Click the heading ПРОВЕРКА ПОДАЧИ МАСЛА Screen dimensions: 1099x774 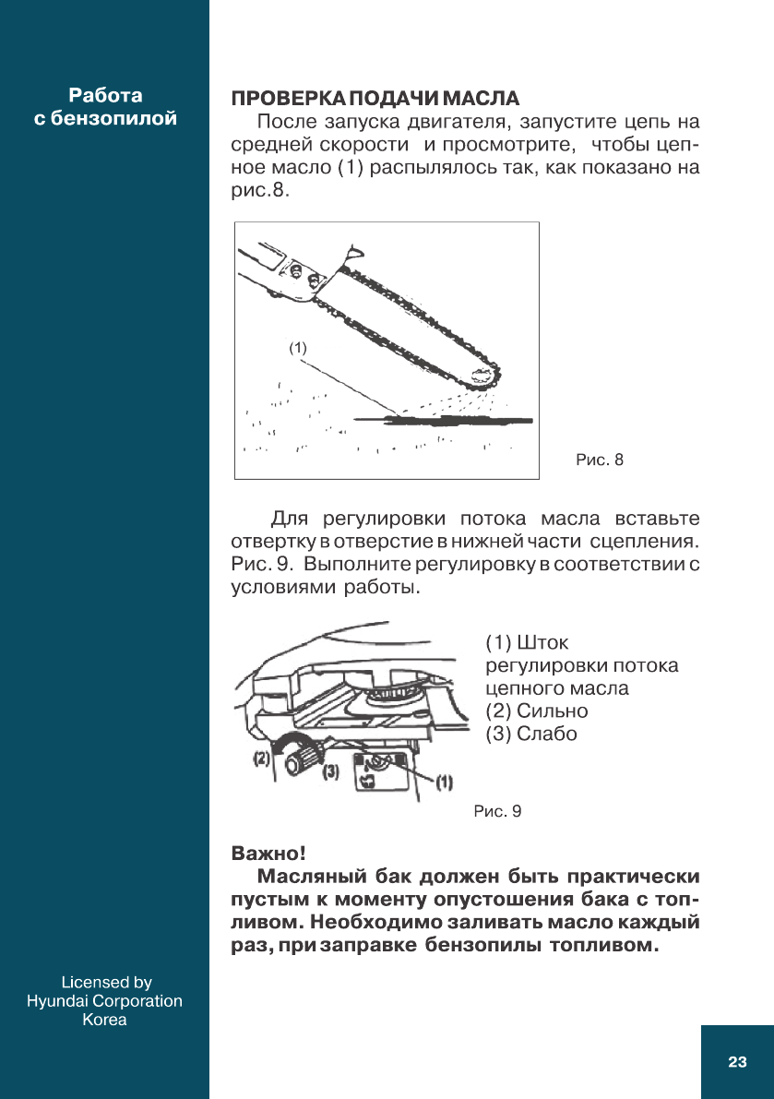(x=375, y=99)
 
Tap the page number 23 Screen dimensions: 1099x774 (x=736, y=1062)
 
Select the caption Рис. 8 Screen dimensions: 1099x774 (x=600, y=459)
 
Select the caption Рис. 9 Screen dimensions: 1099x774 (x=497, y=811)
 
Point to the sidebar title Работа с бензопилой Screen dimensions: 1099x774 (x=105, y=107)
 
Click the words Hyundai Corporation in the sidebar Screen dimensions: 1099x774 (x=104, y=1001)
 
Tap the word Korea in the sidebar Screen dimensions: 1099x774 (x=104, y=1020)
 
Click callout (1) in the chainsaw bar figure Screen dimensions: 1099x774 (x=296, y=348)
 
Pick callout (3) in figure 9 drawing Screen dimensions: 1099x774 (x=330, y=771)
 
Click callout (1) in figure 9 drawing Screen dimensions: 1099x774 (x=444, y=782)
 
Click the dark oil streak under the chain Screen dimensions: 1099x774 (x=443, y=420)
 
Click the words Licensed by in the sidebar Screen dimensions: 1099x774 (x=105, y=983)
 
